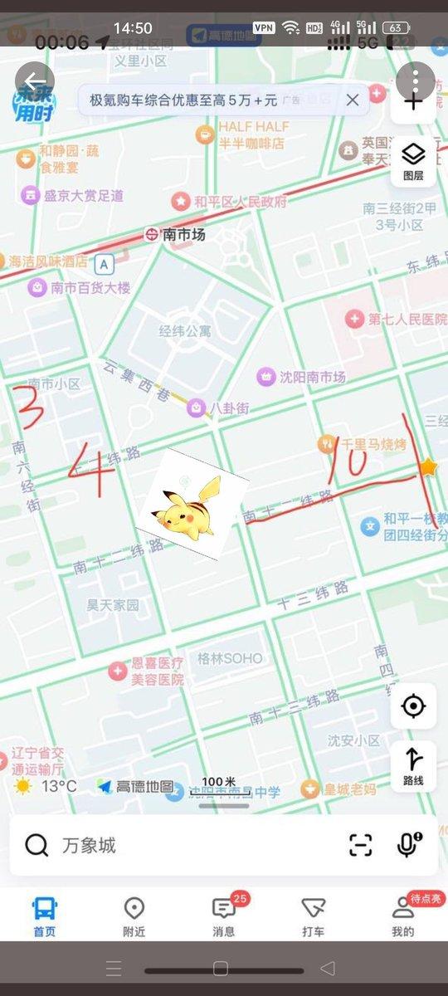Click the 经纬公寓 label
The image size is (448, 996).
(185, 331)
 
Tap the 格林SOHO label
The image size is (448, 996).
(230, 658)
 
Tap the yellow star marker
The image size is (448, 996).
(428, 467)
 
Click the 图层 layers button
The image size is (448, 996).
(413, 161)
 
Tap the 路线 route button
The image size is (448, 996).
(413, 765)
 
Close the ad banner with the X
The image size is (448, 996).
(353, 100)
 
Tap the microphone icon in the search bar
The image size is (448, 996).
(407, 845)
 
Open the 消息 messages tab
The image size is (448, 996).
(223, 915)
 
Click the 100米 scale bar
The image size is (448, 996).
(219, 787)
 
